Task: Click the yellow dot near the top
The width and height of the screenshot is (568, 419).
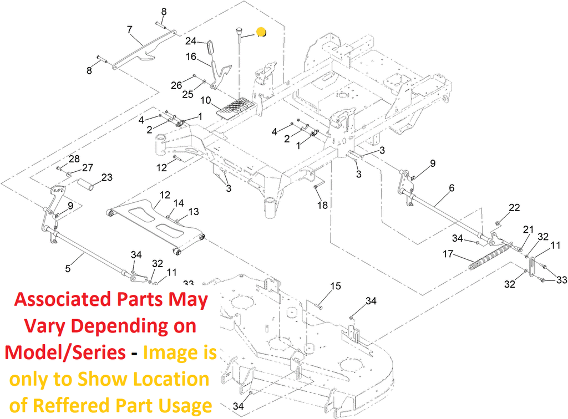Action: (261, 33)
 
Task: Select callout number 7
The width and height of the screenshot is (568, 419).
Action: (130, 29)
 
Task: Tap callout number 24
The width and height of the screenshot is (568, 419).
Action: (191, 41)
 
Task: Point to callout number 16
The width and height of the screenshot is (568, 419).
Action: (191, 57)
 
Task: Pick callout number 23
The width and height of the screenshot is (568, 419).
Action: (106, 177)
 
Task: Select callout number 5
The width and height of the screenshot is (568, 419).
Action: (68, 269)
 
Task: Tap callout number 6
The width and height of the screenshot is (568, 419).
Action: (452, 188)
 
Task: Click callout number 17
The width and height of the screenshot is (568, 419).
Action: (448, 255)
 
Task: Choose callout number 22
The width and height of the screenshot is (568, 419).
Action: (515, 207)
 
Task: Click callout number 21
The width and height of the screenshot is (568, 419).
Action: (528, 229)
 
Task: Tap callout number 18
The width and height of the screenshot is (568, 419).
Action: (322, 205)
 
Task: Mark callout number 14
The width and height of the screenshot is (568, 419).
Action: (178, 203)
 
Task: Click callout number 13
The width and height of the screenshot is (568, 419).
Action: (194, 212)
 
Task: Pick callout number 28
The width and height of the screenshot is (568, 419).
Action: (74, 159)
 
